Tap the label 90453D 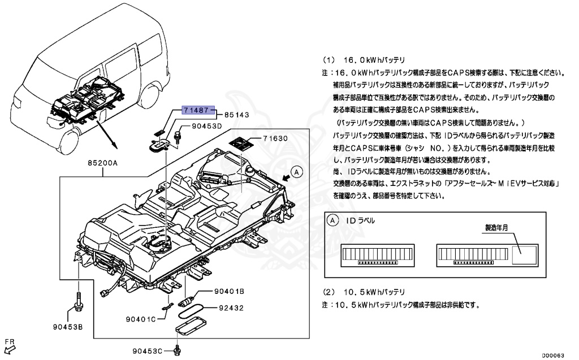click(207, 127)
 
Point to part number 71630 click(276, 138)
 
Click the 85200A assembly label click(102, 163)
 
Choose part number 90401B click(228, 291)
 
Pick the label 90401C click(140, 319)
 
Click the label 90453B click(68, 327)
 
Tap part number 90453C click(149, 351)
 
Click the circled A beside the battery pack click(297, 171)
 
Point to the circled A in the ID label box click(334, 220)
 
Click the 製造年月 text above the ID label click(497, 227)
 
